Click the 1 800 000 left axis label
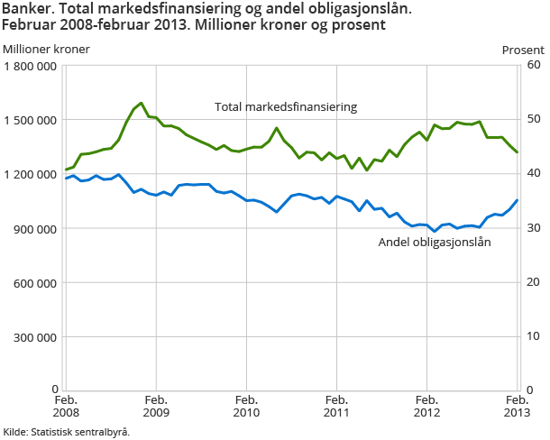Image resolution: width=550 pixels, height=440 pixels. [x=32, y=66]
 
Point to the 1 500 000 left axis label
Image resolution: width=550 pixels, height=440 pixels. [x=32, y=120]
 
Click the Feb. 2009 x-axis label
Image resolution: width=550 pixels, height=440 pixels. [x=156, y=405]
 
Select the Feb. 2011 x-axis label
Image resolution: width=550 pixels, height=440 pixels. [x=336, y=405]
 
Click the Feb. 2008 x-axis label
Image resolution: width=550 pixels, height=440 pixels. [x=66, y=405]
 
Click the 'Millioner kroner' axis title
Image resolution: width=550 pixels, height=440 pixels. [x=46, y=49]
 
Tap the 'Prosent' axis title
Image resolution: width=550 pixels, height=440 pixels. [x=523, y=49]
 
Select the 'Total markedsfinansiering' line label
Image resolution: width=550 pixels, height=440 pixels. [x=286, y=106]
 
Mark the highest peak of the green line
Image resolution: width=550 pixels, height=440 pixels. [x=142, y=103]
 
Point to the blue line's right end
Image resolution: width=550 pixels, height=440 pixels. [x=518, y=200]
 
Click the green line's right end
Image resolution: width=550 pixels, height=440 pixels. [x=518, y=152]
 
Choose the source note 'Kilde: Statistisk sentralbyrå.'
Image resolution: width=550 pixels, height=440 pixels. [x=67, y=431]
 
